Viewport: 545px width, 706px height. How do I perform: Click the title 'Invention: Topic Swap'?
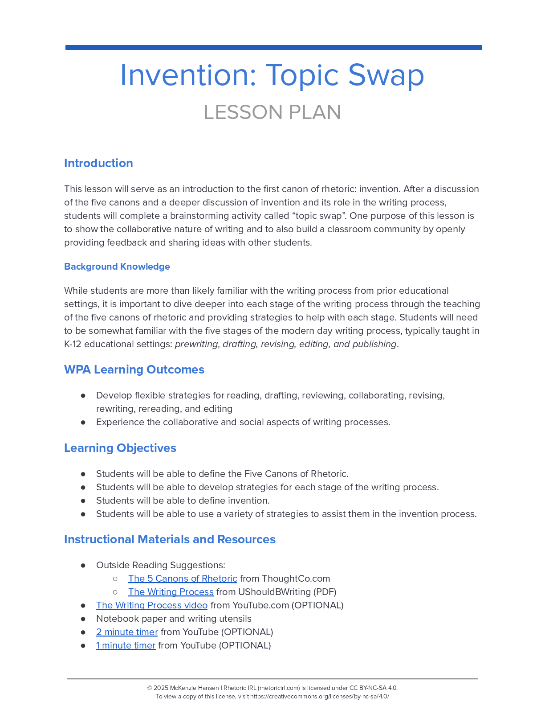tap(272, 75)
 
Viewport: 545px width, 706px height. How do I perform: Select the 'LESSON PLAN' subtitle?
tap(272, 112)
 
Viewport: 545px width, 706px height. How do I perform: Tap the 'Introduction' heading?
tap(98, 163)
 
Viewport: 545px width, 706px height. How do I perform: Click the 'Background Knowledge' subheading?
tap(117, 267)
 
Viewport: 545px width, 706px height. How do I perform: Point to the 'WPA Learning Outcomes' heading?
tap(134, 369)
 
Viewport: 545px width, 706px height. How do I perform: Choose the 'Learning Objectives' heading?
tap(120, 448)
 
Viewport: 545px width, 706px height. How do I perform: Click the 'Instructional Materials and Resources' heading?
tap(170, 539)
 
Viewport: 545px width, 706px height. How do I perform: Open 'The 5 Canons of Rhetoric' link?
tap(183, 579)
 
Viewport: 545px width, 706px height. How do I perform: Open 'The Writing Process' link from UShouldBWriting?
tap(171, 592)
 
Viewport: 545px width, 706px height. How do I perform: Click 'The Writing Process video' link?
tap(152, 605)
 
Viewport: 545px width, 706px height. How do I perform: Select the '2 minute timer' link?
tap(127, 632)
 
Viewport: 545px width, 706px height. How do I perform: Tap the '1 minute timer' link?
tap(126, 645)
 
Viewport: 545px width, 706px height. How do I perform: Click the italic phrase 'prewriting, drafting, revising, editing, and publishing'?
tap(285, 344)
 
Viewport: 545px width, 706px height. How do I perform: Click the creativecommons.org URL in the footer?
tap(319, 696)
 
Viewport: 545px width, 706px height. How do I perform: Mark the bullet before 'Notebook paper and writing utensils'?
tap(83, 619)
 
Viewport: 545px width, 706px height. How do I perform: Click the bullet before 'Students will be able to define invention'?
tap(83, 501)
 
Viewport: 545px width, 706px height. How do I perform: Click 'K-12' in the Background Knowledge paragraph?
tap(73, 344)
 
